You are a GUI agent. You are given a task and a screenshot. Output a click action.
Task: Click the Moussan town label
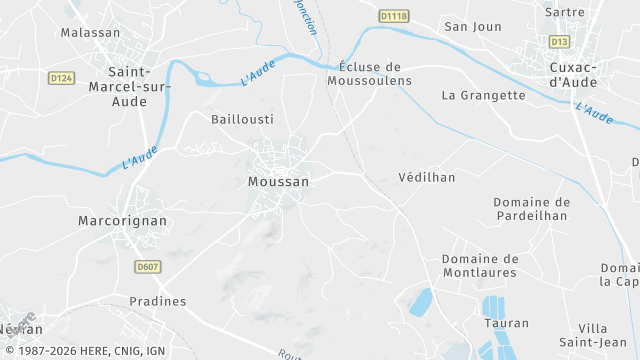[278, 182]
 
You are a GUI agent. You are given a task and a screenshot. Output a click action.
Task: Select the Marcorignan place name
[122, 220]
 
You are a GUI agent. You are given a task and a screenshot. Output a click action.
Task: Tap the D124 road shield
[61, 78]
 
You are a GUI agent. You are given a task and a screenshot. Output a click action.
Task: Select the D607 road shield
[148, 267]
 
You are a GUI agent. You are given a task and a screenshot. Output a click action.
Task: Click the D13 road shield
[559, 41]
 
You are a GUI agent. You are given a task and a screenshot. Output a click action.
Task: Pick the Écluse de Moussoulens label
[369, 73]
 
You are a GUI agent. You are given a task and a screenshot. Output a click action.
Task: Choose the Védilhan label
[426, 177]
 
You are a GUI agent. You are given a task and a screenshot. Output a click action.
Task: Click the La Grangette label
[483, 95]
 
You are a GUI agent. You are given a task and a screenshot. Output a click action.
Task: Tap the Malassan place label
[90, 32]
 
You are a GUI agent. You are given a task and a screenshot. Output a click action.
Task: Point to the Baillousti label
[242, 118]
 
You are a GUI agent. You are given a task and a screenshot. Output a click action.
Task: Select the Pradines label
[158, 300]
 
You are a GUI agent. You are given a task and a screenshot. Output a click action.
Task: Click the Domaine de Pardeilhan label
[531, 208]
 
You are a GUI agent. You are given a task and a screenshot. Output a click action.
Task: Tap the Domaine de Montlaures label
[479, 265]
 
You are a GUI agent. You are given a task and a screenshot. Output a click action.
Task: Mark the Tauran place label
[506, 323]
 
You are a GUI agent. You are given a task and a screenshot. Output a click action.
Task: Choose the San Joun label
[472, 26]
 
